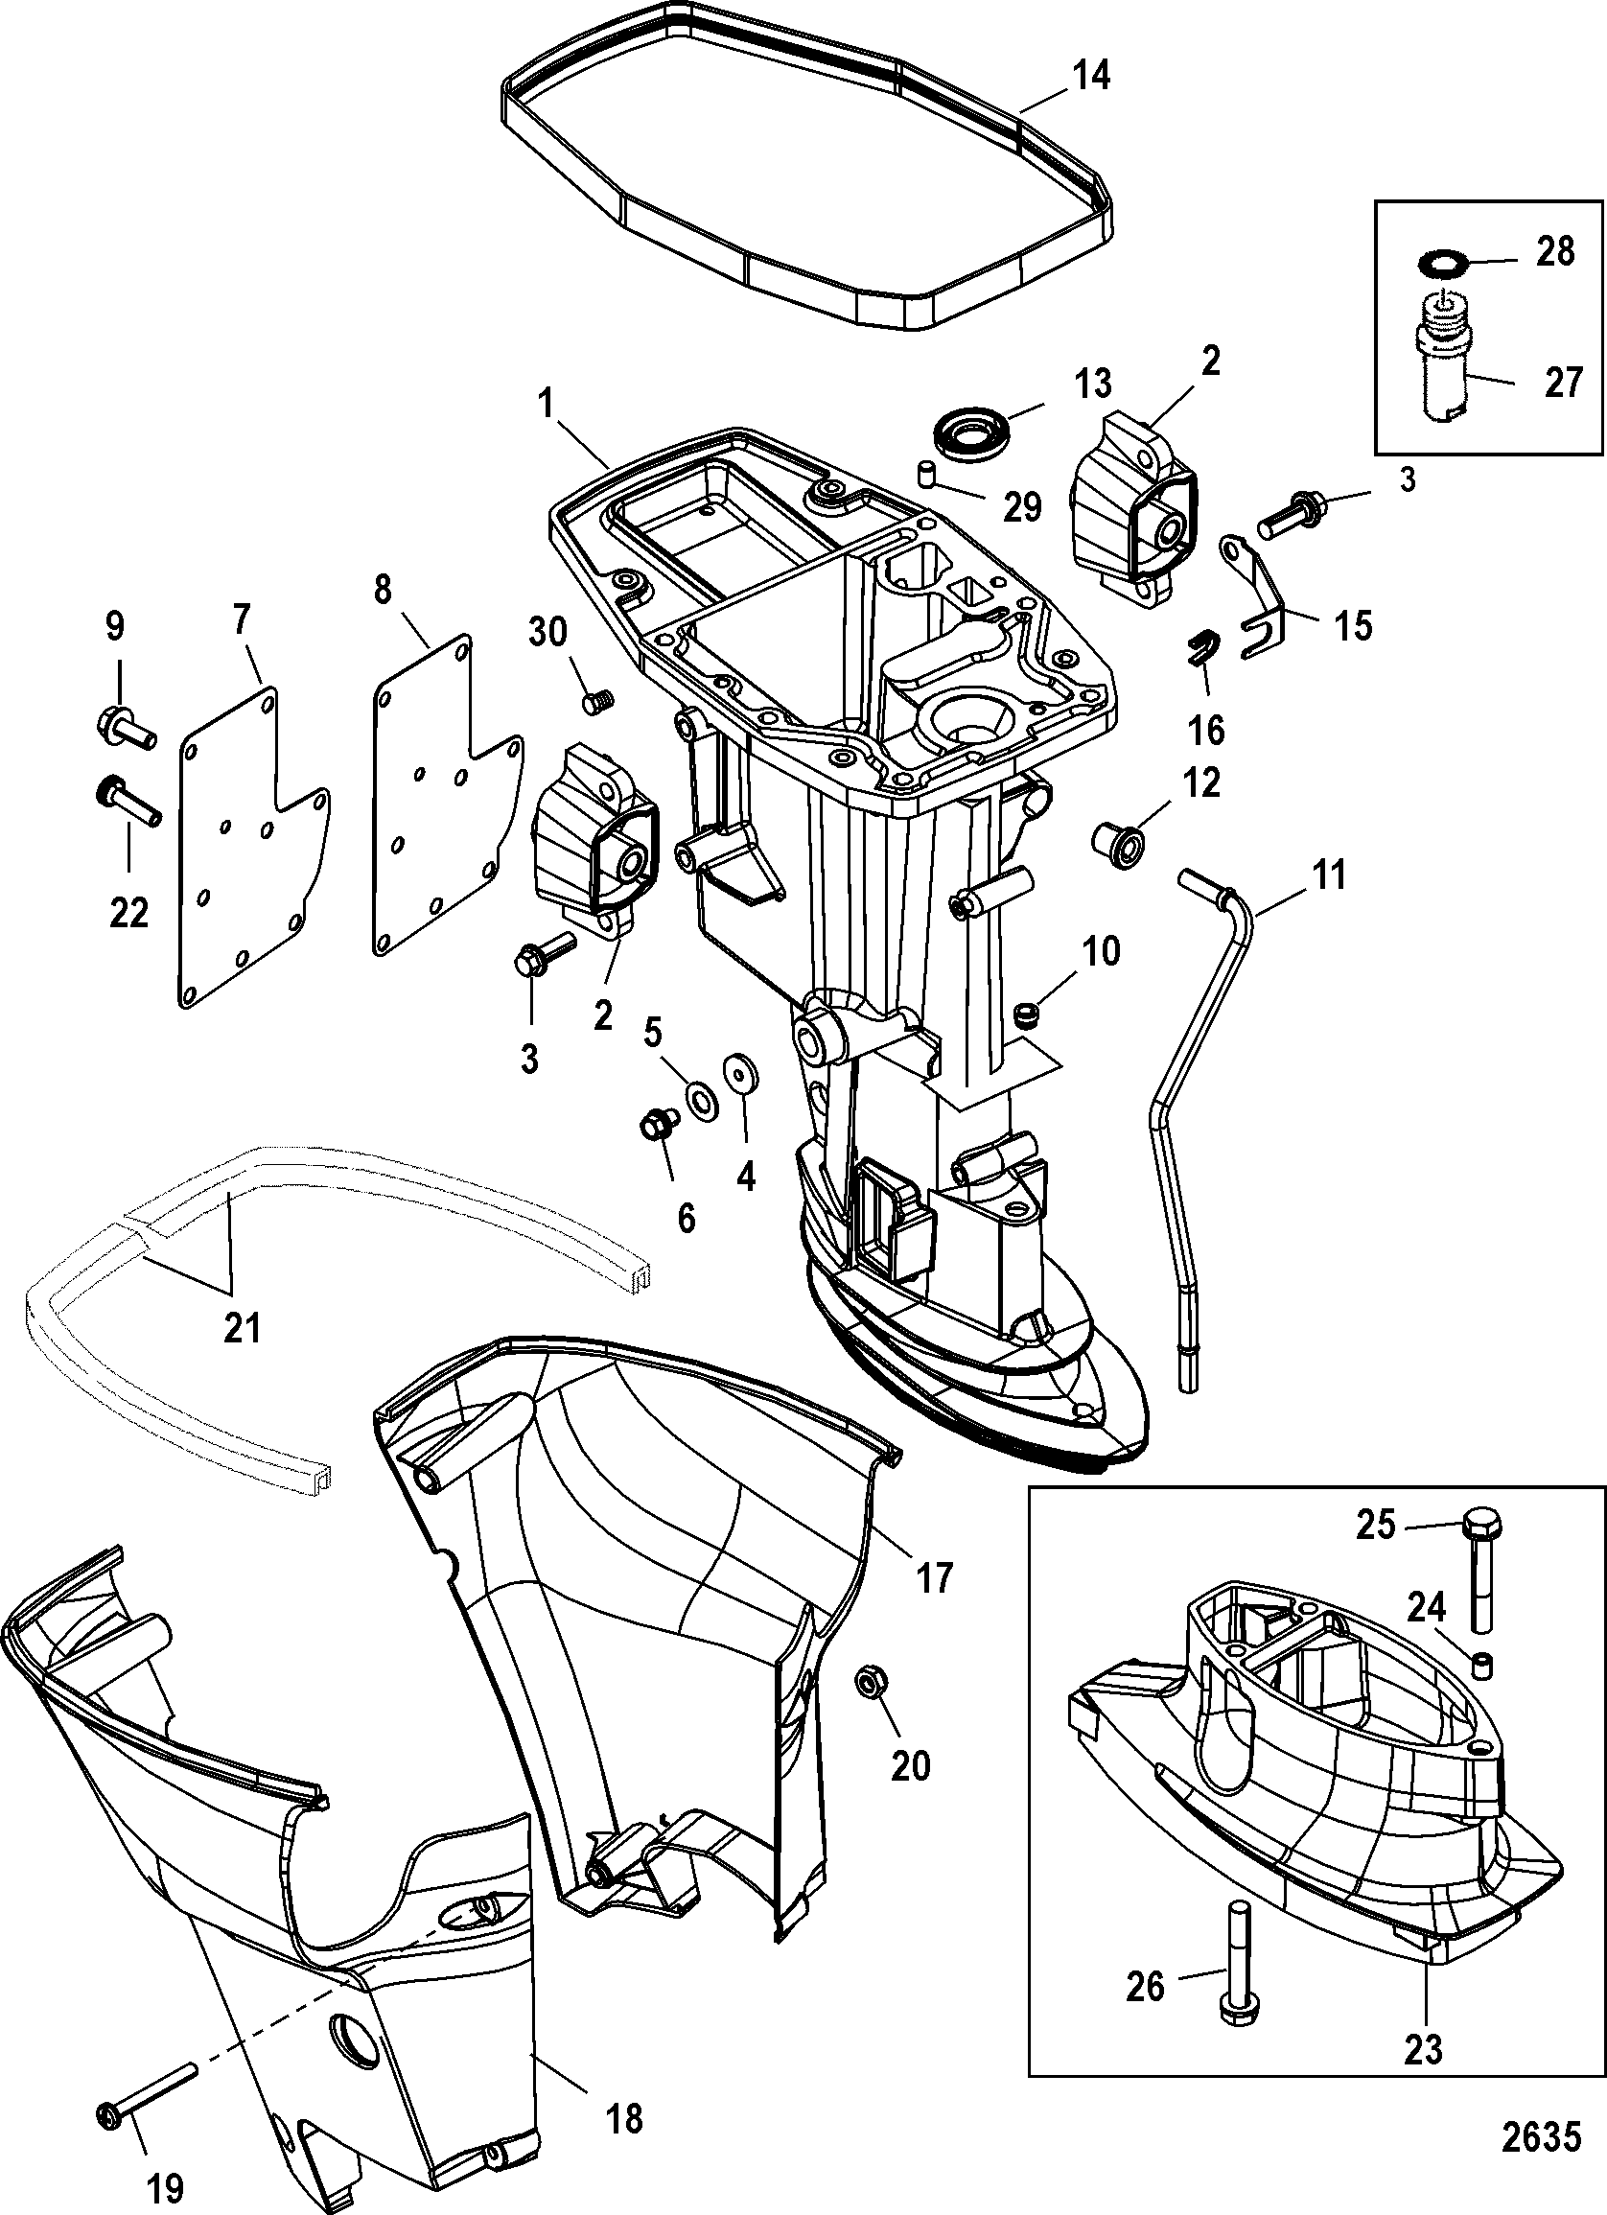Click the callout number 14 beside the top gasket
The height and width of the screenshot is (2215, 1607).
pyautogui.click(x=1091, y=75)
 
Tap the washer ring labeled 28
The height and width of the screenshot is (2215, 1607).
pyautogui.click(x=1435, y=264)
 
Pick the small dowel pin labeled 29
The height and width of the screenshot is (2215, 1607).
pyautogui.click(x=925, y=474)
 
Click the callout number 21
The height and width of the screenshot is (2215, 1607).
pyautogui.click(x=243, y=1327)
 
